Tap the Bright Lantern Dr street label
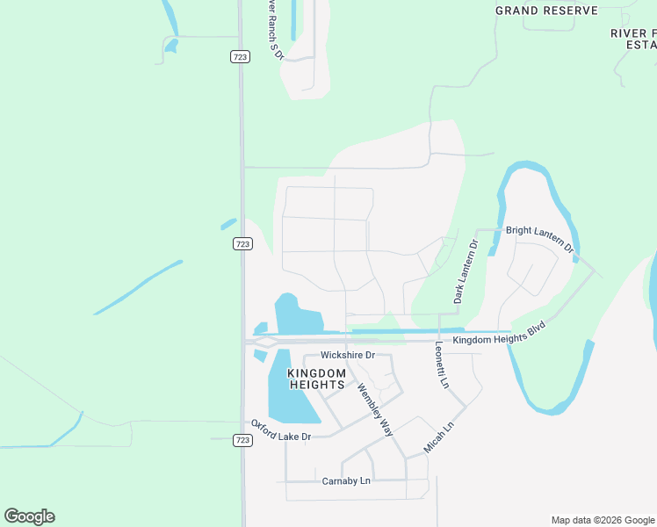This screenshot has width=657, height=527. [538, 237]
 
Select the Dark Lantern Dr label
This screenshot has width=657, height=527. [465, 271]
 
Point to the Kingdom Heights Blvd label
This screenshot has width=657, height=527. [499, 332]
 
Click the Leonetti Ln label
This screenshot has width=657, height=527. [442, 366]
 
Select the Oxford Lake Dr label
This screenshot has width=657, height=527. [281, 430]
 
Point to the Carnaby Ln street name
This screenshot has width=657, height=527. [346, 481]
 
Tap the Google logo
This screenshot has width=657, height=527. [30, 516]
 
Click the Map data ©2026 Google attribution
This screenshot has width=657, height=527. [603, 520]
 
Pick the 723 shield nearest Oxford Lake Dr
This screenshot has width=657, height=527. [242, 439]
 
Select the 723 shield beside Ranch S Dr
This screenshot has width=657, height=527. [241, 56]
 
